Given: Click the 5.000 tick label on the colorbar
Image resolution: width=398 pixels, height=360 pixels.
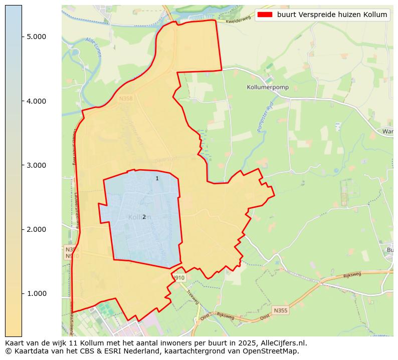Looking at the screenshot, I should click(x=37, y=37).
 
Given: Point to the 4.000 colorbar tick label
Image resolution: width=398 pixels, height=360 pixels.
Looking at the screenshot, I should click(x=37, y=101).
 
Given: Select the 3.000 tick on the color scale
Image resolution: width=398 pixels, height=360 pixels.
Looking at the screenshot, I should click(x=37, y=165).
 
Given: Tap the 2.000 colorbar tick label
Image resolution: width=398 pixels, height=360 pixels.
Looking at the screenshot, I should click(x=37, y=229).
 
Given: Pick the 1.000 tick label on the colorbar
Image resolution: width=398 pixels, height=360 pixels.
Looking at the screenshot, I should click(x=37, y=293).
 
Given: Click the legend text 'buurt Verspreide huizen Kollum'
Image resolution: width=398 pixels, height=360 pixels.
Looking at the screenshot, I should click(x=332, y=15).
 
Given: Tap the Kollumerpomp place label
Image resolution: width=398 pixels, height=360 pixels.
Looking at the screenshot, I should click(x=266, y=87).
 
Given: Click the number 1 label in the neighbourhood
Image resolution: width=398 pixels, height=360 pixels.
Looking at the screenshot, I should click(x=157, y=178).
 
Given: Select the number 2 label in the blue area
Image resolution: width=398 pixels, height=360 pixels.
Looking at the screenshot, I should click(x=144, y=217).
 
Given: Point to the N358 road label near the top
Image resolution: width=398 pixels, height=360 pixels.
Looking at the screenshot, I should click(x=126, y=99).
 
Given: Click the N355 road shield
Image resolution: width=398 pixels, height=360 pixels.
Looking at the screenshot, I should click(x=281, y=311).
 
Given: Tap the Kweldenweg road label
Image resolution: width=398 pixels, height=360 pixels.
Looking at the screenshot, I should click(x=238, y=20).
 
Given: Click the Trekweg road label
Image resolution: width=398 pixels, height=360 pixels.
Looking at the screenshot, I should click(x=193, y=296).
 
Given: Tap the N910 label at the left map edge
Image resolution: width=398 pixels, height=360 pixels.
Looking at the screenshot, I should click(x=71, y=256).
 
